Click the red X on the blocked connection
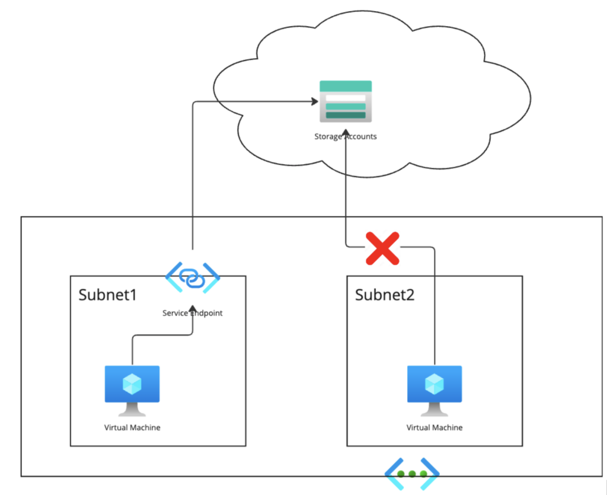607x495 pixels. click(382, 248)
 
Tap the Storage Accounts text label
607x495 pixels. click(346, 136)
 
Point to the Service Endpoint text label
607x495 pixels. click(193, 313)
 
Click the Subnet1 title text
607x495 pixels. click(107, 295)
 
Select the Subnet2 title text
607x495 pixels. click(384, 295)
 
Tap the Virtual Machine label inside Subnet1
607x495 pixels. click(132, 427)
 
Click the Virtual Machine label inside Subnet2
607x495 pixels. click(434, 427)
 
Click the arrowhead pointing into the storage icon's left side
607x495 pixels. click(315, 103)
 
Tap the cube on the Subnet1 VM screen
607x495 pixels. click(132, 384)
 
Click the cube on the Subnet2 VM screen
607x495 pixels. click(434, 384)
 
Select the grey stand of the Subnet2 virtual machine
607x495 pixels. click(434, 410)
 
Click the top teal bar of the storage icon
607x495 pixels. click(346, 86)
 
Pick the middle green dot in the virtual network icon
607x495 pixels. click(412, 474)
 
